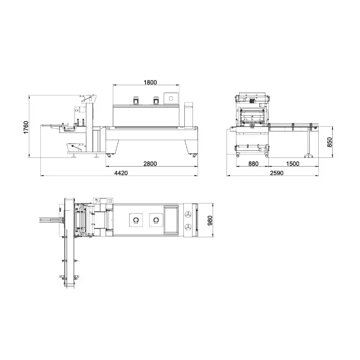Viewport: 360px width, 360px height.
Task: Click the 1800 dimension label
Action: (150, 82)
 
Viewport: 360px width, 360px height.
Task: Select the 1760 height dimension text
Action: (26, 127)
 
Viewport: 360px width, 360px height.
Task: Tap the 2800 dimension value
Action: (150, 164)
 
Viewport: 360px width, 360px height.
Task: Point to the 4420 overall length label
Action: (120, 173)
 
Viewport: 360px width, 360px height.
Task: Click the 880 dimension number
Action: (253, 164)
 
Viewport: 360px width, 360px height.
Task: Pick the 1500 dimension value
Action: (292, 164)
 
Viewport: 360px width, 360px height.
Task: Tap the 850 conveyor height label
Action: (329, 142)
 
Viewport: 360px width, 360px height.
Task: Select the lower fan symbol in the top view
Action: (189, 227)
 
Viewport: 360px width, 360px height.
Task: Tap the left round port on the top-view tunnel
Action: (135, 220)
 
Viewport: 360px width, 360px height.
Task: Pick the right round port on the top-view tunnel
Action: (155, 220)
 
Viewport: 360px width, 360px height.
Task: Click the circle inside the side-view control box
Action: (170, 98)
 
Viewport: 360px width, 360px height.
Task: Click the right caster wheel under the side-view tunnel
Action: (194, 155)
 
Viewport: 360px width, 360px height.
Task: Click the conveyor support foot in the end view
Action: (308, 155)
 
